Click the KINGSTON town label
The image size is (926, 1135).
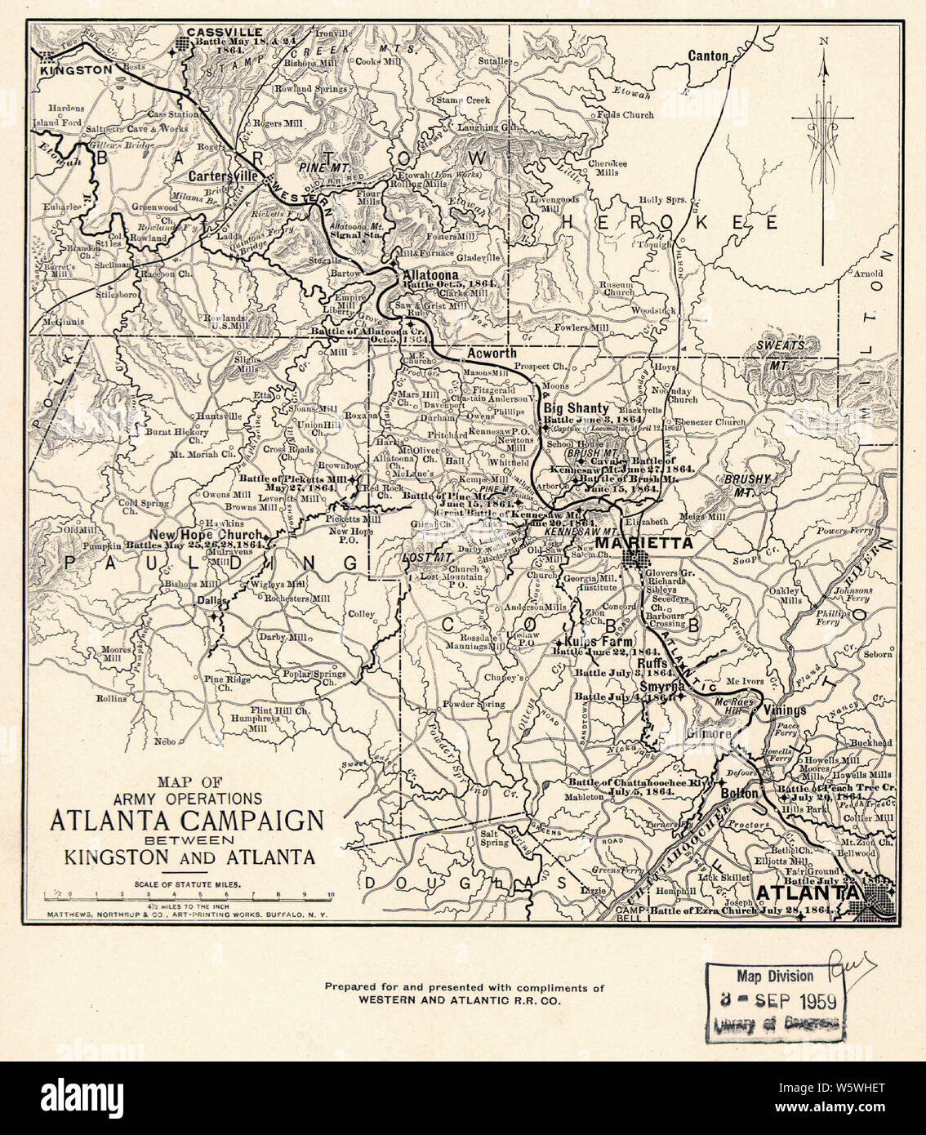tap(76, 70)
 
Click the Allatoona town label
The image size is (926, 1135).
tap(429, 276)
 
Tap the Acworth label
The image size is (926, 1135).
tap(492, 353)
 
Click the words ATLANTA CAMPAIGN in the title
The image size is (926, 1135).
tap(187, 820)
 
